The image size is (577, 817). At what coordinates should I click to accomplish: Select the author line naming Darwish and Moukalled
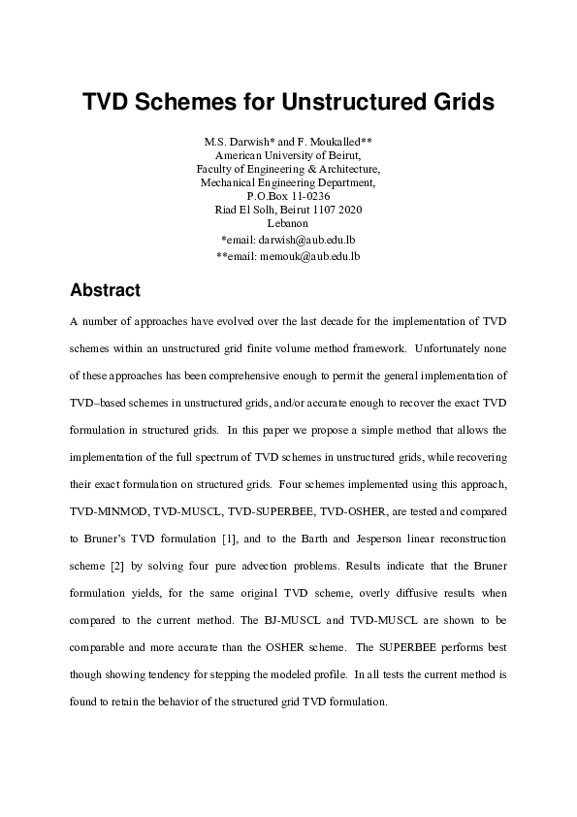point(288,139)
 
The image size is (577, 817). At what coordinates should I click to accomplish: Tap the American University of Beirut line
point(288,153)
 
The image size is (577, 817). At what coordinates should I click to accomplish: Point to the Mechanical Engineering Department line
point(288,181)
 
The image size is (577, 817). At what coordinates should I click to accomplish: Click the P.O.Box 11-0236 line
point(288,195)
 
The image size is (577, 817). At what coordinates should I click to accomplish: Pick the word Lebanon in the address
point(288,223)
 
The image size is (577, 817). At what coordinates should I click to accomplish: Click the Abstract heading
point(106,290)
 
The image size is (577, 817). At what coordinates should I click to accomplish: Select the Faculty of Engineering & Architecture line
point(288,167)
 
